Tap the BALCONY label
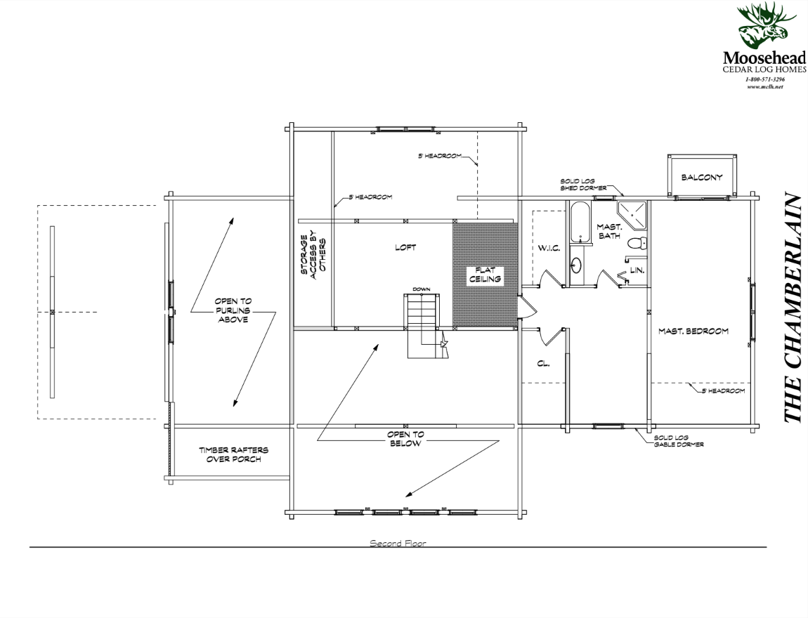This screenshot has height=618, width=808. (x=701, y=178)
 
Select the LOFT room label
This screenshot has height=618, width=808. (x=405, y=247)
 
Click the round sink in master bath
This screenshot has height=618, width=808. (x=577, y=265)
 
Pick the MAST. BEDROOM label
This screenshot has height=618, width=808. (x=693, y=331)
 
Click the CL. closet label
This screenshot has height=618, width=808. (x=542, y=364)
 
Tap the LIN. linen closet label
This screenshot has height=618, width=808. (x=637, y=269)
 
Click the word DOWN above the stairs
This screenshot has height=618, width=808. (x=421, y=289)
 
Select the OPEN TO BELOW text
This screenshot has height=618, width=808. (x=405, y=439)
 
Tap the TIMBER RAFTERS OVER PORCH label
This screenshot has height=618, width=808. (x=233, y=455)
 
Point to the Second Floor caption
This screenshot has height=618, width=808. (x=398, y=543)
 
